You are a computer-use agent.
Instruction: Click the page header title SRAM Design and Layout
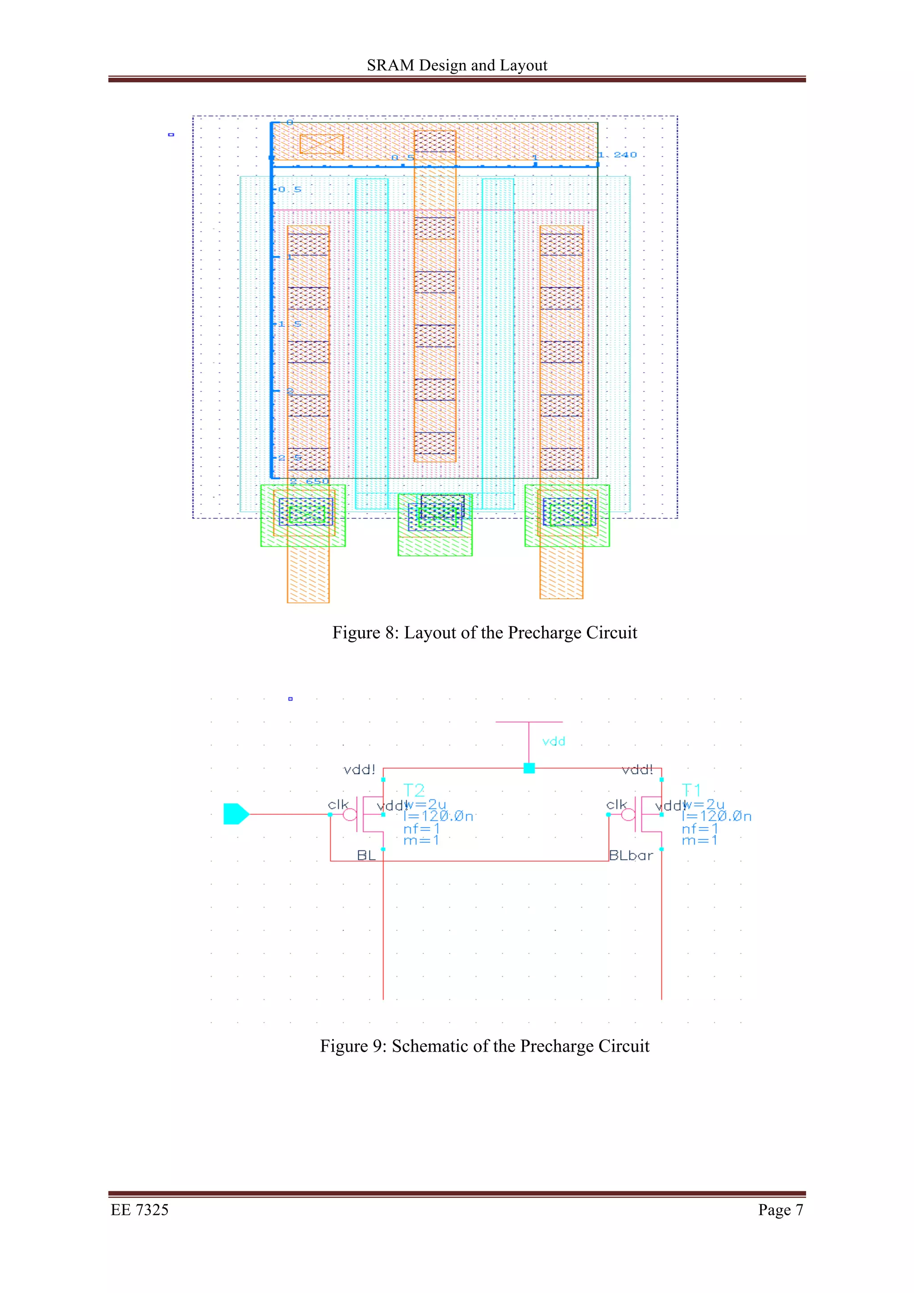pyautogui.click(x=457, y=65)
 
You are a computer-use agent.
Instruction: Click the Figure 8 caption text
pyautogui.click(x=484, y=632)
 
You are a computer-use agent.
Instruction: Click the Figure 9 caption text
pyautogui.click(x=484, y=1046)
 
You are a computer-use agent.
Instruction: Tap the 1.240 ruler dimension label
pyautogui.click(x=618, y=155)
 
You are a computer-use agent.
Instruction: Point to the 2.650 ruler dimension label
pyautogui.click(x=309, y=481)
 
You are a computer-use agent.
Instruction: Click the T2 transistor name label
pyautogui.click(x=414, y=790)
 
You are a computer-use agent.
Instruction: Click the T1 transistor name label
pyautogui.click(x=692, y=790)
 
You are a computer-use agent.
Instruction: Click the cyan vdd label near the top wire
pyautogui.click(x=553, y=742)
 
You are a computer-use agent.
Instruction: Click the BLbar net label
pyautogui.click(x=631, y=855)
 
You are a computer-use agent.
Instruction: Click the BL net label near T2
pyautogui.click(x=366, y=855)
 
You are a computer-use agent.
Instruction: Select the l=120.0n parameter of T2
pyautogui.click(x=438, y=816)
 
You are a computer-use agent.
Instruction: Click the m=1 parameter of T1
pyautogui.click(x=699, y=840)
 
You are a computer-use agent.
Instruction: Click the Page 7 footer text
pyautogui.click(x=781, y=1210)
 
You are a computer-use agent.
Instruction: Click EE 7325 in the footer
pyautogui.click(x=140, y=1210)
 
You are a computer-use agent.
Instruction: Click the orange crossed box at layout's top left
pyautogui.click(x=321, y=144)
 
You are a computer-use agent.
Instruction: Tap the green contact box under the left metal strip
pyautogui.click(x=303, y=515)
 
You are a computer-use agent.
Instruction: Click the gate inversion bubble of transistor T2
pyautogui.click(x=350, y=814)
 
